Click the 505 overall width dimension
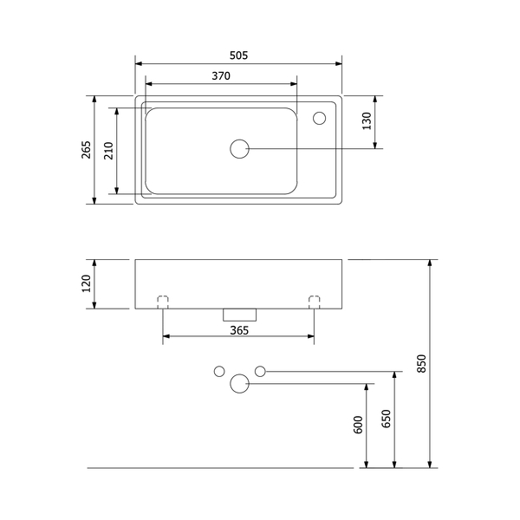click(x=239, y=55)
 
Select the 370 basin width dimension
click(x=221, y=76)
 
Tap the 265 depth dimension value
click(x=86, y=150)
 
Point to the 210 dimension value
click(x=109, y=151)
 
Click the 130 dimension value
click(x=367, y=121)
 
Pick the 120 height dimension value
click(x=86, y=283)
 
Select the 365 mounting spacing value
click(x=239, y=330)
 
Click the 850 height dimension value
click(x=421, y=363)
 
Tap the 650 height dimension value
click(x=387, y=419)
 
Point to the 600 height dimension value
click(x=359, y=425)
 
